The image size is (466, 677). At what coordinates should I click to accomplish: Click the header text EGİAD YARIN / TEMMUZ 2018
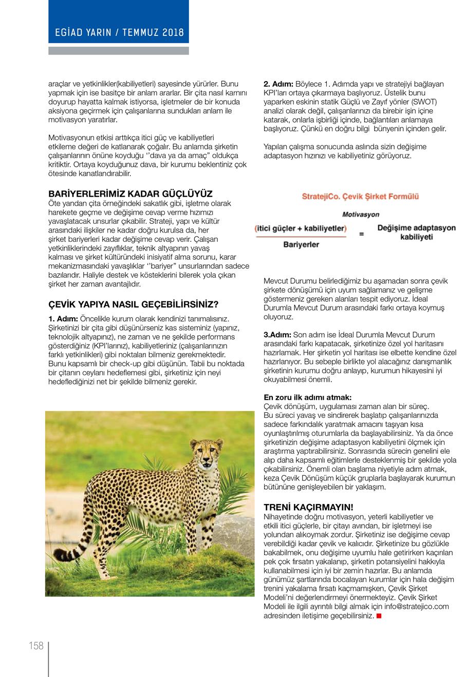(119, 32)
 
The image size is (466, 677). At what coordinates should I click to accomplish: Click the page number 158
(35, 646)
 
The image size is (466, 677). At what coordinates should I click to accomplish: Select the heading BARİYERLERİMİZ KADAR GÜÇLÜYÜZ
(130, 195)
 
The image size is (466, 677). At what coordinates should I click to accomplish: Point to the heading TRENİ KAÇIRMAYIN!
(308, 507)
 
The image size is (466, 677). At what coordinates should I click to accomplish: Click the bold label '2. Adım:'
(278, 84)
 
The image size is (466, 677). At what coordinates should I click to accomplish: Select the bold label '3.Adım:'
(277, 335)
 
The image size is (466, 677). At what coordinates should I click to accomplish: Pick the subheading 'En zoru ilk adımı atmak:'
(307, 397)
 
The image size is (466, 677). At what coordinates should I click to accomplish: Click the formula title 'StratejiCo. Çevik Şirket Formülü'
(360, 197)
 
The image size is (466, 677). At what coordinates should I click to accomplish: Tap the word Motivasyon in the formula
(360, 215)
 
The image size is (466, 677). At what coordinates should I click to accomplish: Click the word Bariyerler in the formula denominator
(301, 244)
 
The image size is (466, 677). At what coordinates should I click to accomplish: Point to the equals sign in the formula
(361, 235)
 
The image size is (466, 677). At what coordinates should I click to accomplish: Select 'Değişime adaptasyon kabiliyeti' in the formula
(416, 233)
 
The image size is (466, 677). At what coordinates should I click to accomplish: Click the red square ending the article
(379, 615)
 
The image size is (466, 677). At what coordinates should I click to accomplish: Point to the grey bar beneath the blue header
(119, 51)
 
